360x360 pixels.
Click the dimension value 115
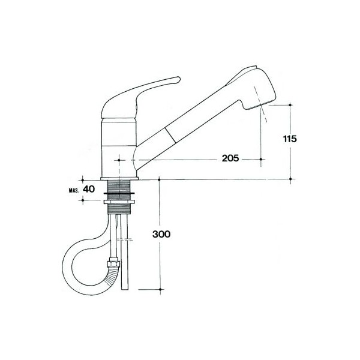(290, 139)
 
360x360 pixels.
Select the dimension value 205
(230, 158)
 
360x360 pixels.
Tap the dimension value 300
(161, 234)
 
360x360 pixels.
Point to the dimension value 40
(89, 189)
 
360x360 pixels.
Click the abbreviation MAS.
(74, 190)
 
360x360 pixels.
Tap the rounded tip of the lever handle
(178, 79)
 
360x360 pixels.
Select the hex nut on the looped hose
(113, 262)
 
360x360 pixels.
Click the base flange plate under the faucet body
(119, 178)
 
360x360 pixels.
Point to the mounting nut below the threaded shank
(119, 202)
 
